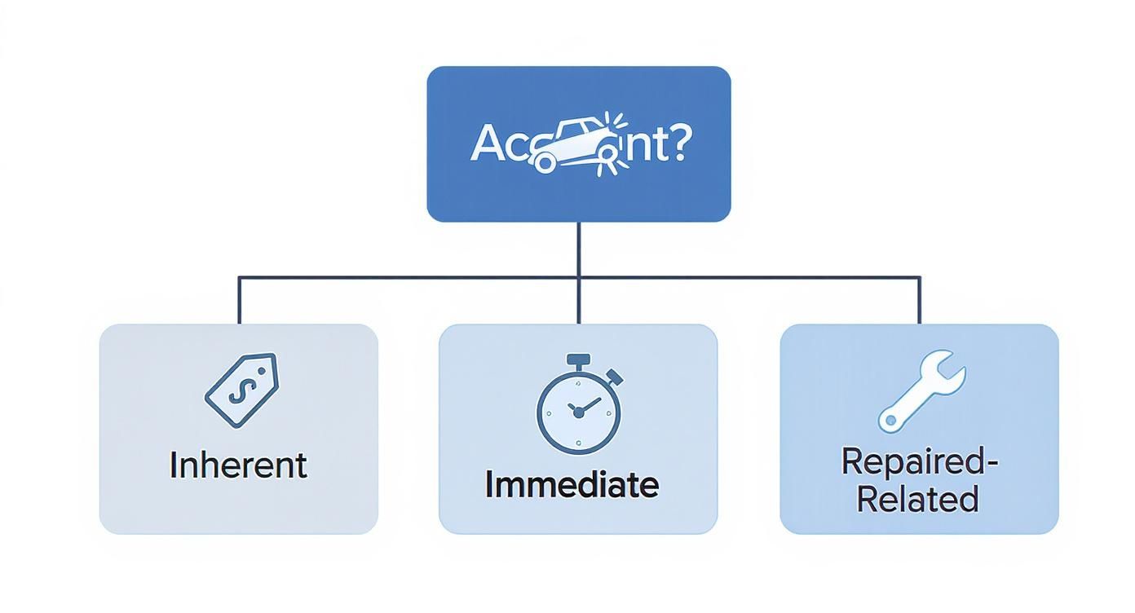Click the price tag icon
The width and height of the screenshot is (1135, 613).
pyautogui.click(x=241, y=390)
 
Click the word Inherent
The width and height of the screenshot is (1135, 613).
pyautogui.click(x=238, y=465)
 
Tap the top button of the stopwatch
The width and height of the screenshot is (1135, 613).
pyautogui.click(x=578, y=359)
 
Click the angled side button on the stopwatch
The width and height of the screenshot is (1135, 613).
pyautogui.click(x=615, y=377)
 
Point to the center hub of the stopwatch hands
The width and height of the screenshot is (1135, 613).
pyautogui.click(x=578, y=413)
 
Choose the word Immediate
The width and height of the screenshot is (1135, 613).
pyautogui.click(x=572, y=485)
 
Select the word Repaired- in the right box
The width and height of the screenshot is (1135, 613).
pyautogui.click(x=919, y=462)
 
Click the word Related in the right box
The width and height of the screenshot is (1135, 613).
pyautogui.click(x=917, y=499)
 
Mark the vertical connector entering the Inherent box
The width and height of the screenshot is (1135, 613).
pyautogui.click(x=239, y=302)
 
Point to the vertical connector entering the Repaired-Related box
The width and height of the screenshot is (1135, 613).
pyautogui.click(x=920, y=302)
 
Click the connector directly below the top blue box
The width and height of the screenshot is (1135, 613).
pyautogui.click(x=578, y=249)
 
